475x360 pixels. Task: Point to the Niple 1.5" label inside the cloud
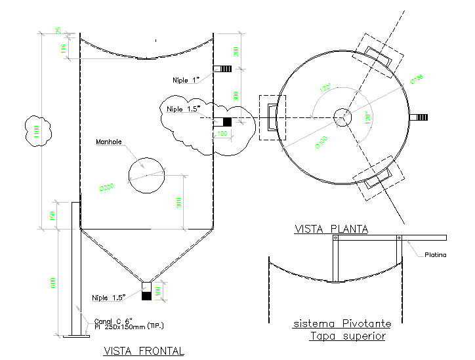tap(183, 109)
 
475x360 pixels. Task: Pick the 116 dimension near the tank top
tap(64, 49)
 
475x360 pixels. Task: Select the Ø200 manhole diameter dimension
tap(106, 187)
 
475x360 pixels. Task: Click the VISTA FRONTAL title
tap(144, 351)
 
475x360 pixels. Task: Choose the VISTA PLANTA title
tap(331, 229)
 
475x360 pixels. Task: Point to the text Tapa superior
tap(347, 336)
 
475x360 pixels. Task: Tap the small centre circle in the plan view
tap(342, 117)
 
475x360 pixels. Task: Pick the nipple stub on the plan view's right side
tap(419, 117)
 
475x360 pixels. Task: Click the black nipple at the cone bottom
tap(146, 296)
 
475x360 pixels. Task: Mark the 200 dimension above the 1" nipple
tap(236, 51)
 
